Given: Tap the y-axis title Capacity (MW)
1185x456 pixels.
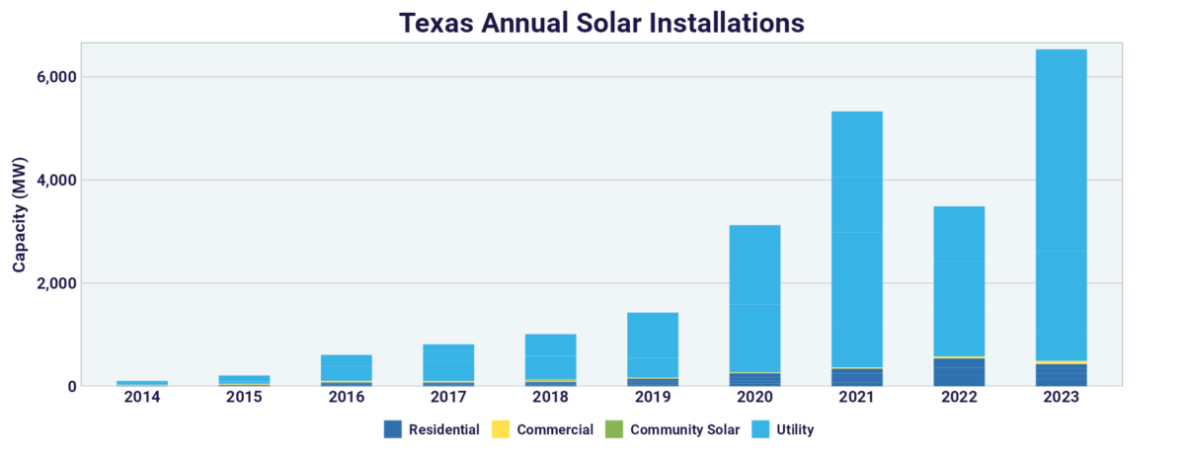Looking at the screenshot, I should pos(20,214).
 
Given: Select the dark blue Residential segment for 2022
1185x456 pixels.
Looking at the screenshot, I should pos(959,372).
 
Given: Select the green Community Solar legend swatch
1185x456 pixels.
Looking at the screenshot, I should pos(612,429).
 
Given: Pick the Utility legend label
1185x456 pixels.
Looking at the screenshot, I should pos(795,429).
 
